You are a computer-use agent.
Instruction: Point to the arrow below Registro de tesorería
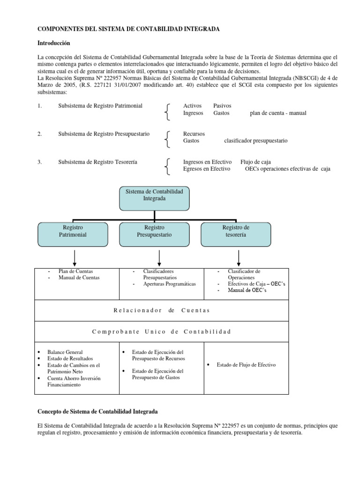(x=239, y=257)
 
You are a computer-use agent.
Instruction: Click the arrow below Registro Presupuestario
(x=159, y=257)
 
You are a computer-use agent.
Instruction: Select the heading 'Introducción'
(x=53, y=43)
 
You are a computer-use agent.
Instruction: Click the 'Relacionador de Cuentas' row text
(x=161, y=310)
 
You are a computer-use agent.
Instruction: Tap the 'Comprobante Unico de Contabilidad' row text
(x=162, y=332)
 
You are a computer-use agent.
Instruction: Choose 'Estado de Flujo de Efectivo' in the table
(x=246, y=365)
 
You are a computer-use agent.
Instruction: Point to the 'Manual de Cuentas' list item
(x=79, y=277)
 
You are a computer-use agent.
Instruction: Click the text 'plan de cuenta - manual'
(x=278, y=113)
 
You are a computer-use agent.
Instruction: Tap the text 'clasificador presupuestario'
(x=256, y=140)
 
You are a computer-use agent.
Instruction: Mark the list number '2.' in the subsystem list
(x=40, y=134)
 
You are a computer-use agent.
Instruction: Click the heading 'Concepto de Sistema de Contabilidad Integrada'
(x=97, y=412)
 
